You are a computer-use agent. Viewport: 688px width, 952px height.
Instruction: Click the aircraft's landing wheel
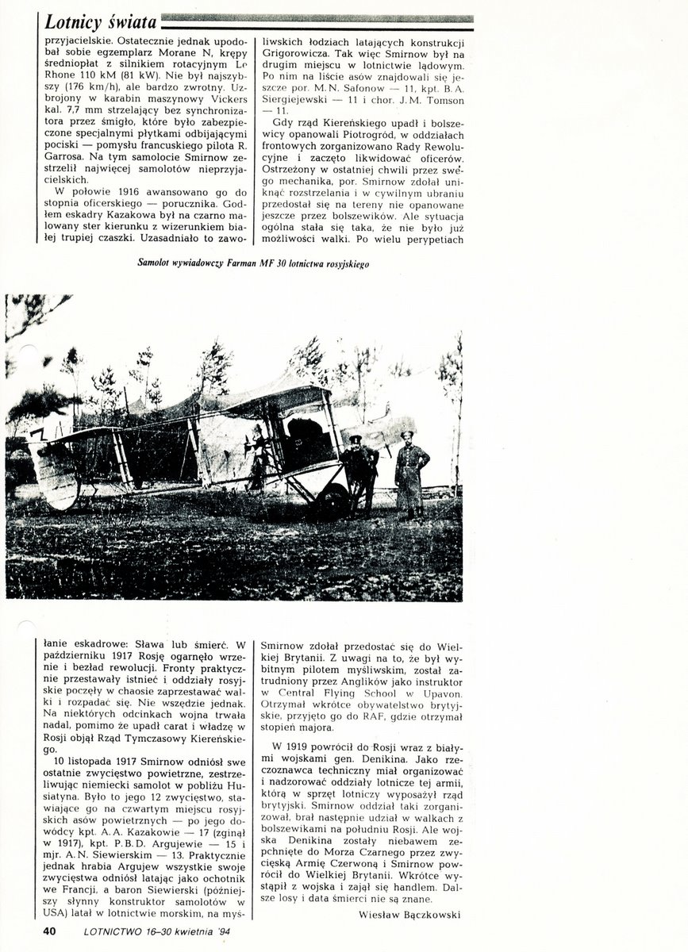coord(332,501)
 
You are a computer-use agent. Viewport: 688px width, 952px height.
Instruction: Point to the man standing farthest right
coord(411,474)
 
